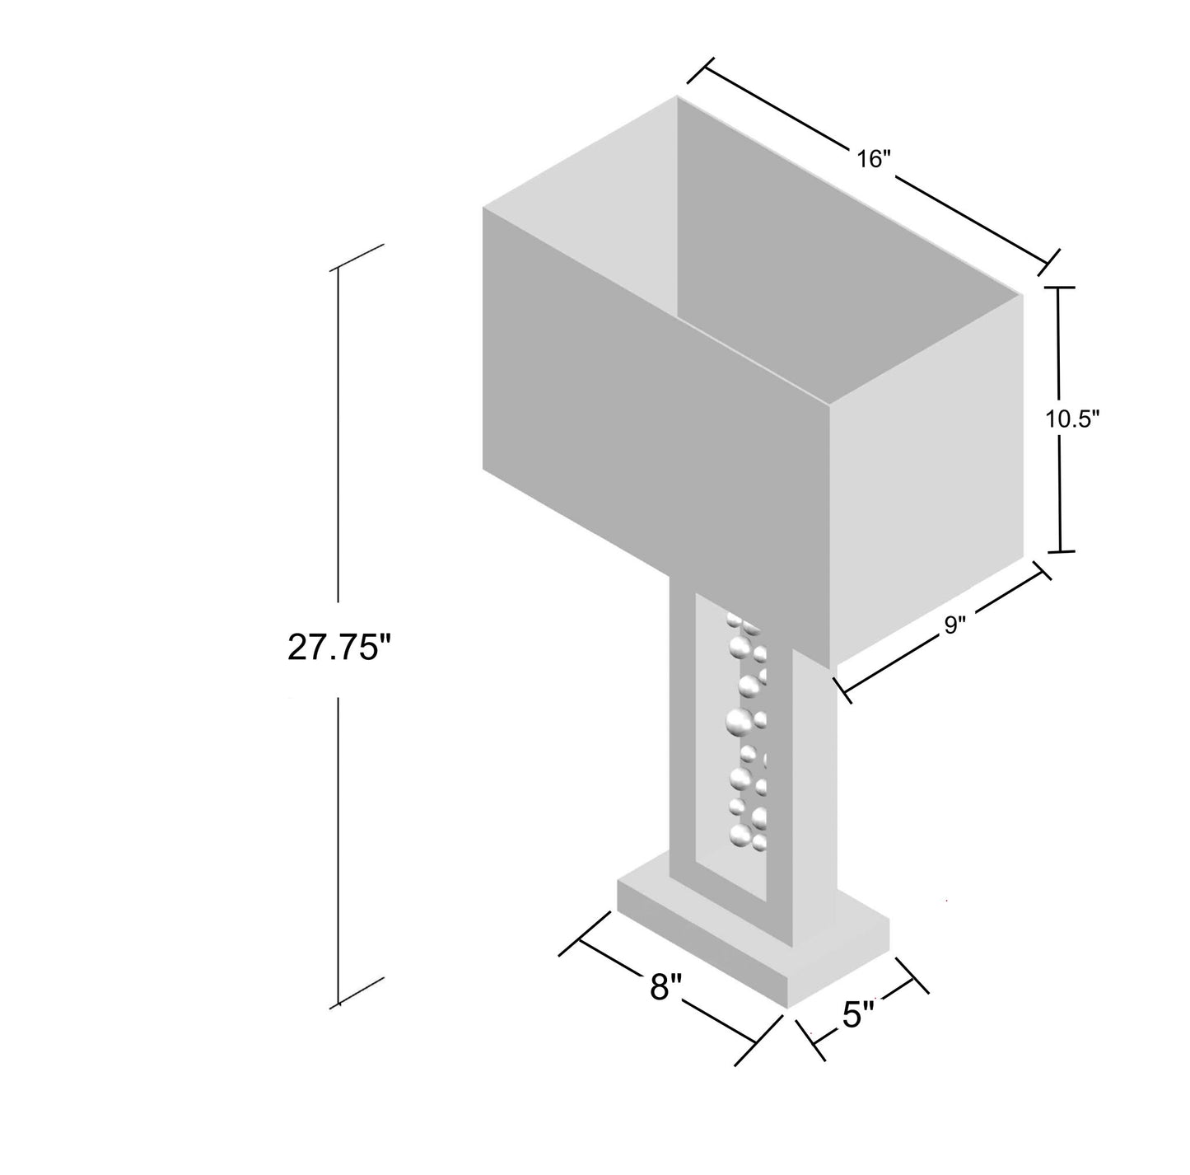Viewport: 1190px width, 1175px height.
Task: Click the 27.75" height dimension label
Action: [x=338, y=648]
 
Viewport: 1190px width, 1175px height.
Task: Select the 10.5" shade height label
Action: [x=1073, y=419]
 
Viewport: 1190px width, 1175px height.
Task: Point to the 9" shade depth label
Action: [x=954, y=625]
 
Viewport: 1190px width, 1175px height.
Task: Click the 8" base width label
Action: [x=665, y=986]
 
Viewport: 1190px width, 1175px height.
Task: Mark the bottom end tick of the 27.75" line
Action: [x=359, y=991]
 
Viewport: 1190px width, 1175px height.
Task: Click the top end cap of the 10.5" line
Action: [x=1059, y=287]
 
